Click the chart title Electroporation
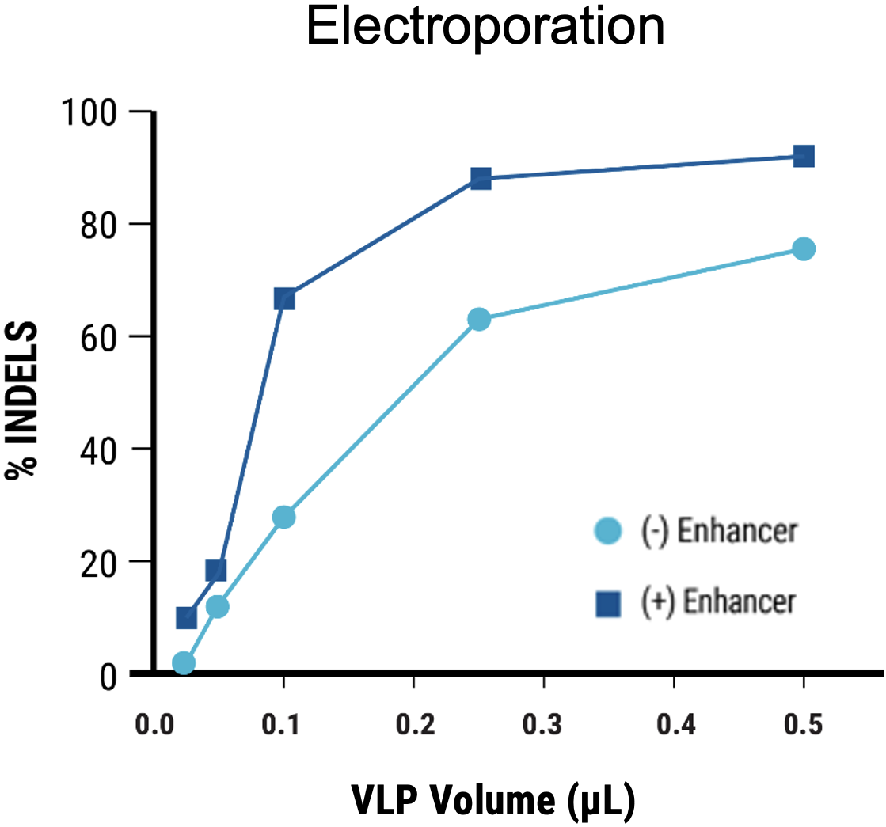pos(485,28)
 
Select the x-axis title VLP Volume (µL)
pos(492,800)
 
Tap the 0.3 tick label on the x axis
pos(543,725)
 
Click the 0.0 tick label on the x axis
pos(153,725)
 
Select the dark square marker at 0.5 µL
pos(804,156)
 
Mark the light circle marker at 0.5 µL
pos(804,248)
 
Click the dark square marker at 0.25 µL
pos(481,178)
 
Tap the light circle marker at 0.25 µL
pos(478,320)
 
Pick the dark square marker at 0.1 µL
pos(284,298)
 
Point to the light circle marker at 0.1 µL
pos(283,517)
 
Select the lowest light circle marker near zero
pos(184,662)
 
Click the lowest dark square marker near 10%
pos(186,617)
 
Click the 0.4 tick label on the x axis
pos(673,725)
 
